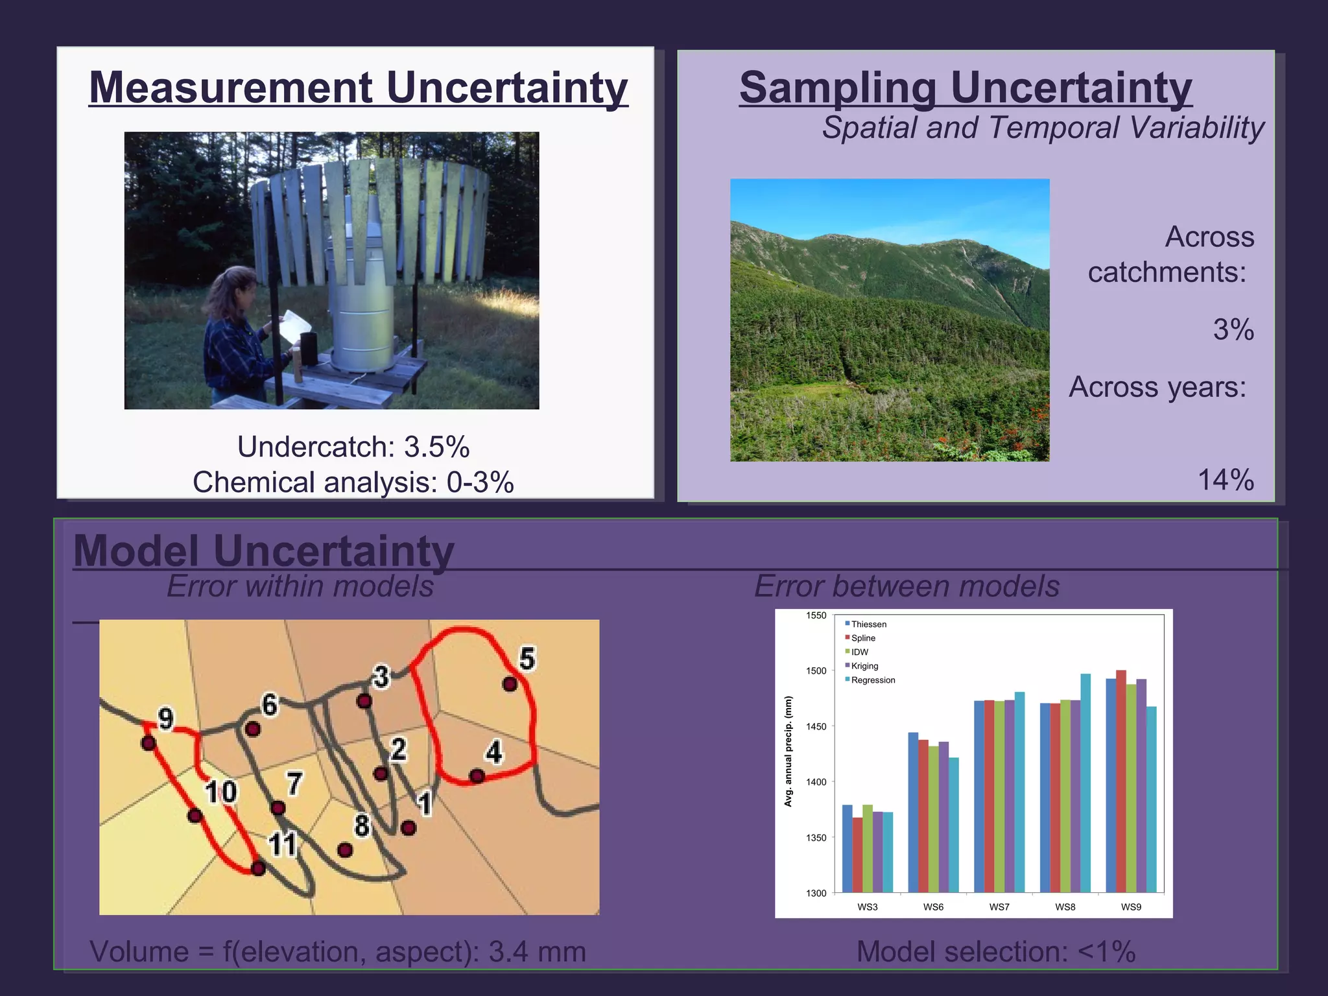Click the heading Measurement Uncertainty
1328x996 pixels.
click(x=358, y=88)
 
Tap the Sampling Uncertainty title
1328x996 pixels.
click(x=965, y=88)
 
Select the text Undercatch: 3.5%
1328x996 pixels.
click(x=353, y=447)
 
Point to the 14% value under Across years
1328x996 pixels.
click(x=1226, y=480)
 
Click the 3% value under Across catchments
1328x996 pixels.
click(x=1233, y=329)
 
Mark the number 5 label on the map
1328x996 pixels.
click(x=527, y=659)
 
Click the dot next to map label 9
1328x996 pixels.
click(x=148, y=743)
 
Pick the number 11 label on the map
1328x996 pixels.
click(x=282, y=844)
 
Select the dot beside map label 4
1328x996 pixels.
click(x=477, y=776)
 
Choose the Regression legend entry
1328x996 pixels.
click(x=872, y=680)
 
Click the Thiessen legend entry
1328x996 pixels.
click(x=868, y=624)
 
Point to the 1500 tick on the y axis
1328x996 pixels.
click(x=816, y=671)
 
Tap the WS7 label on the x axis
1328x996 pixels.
click(x=999, y=907)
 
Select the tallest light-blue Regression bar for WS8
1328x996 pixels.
click(x=1085, y=783)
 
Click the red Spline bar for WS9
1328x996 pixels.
click(x=1121, y=781)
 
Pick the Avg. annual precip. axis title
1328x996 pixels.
click(x=788, y=752)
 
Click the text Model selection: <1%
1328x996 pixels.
click(x=996, y=952)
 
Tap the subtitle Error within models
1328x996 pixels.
click(x=300, y=586)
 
